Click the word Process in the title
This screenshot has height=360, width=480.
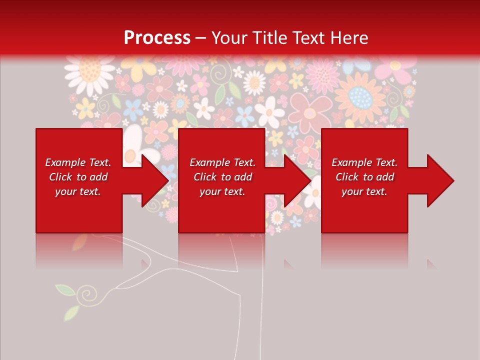(157, 38)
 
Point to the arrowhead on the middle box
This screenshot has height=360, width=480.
(297, 180)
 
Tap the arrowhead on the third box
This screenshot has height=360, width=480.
(439, 180)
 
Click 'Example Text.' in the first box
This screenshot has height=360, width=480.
(78, 162)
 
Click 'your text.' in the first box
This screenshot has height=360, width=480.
(78, 191)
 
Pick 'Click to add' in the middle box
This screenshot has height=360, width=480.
(222, 177)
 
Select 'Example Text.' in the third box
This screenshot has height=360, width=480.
(364, 162)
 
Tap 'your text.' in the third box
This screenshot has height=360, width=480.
(364, 191)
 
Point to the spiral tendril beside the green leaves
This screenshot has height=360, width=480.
(90, 292)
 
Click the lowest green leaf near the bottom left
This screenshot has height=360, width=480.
(71, 313)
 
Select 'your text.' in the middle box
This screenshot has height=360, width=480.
(222, 191)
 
